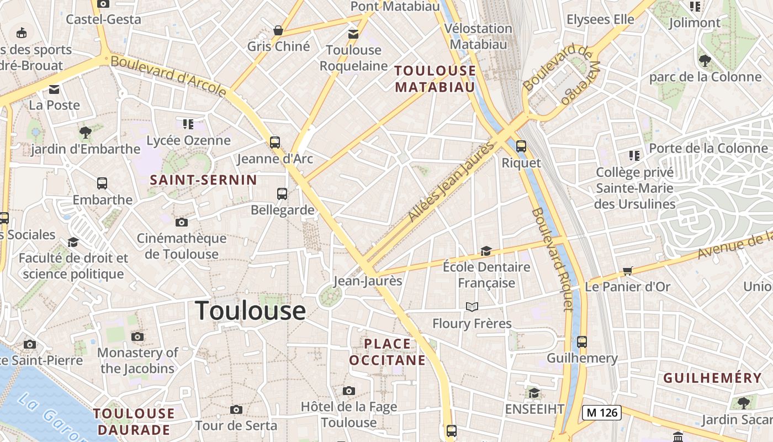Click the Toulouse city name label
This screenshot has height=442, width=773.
pyautogui.click(x=250, y=311)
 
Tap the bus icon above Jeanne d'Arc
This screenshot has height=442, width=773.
pyautogui.click(x=275, y=143)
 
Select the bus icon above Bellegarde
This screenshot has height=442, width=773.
pyautogui.click(x=282, y=194)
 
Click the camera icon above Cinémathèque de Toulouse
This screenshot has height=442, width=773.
pyautogui.click(x=181, y=223)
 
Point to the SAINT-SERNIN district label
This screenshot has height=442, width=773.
pyautogui.click(x=204, y=180)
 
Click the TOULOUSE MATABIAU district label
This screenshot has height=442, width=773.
pyautogui.click(x=435, y=78)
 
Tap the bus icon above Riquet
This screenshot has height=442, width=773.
pyautogui.click(x=521, y=146)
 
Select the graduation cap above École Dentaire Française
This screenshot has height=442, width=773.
pyautogui.click(x=486, y=251)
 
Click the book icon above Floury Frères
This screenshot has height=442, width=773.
pyautogui.click(x=472, y=307)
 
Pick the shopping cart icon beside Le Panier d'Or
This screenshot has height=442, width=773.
pyautogui.click(x=627, y=271)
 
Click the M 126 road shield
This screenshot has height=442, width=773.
pyautogui.click(x=602, y=412)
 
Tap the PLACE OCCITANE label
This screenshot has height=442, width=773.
pyautogui.click(x=388, y=352)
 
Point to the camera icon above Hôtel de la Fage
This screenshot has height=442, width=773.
pyautogui.click(x=348, y=391)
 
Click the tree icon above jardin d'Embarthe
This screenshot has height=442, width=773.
pyautogui.click(x=85, y=133)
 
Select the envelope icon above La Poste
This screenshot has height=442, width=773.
pyautogui.click(x=54, y=89)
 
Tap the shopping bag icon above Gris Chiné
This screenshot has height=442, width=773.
pyautogui.click(x=278, y=30)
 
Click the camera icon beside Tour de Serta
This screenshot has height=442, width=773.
pyautogui.click(x=236, y=409)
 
